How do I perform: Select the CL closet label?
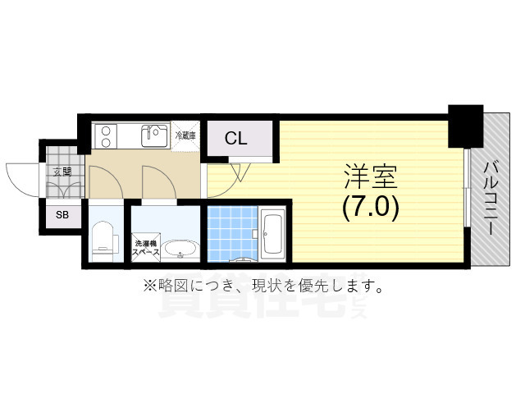[236, 139]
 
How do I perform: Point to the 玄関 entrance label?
[62, 172]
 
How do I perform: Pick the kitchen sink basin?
[153, 135]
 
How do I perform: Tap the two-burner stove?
[107, 134]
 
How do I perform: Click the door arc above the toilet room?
[105, 181]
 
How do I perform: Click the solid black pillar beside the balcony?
[465, 126]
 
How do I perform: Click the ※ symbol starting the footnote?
[149, 286]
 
